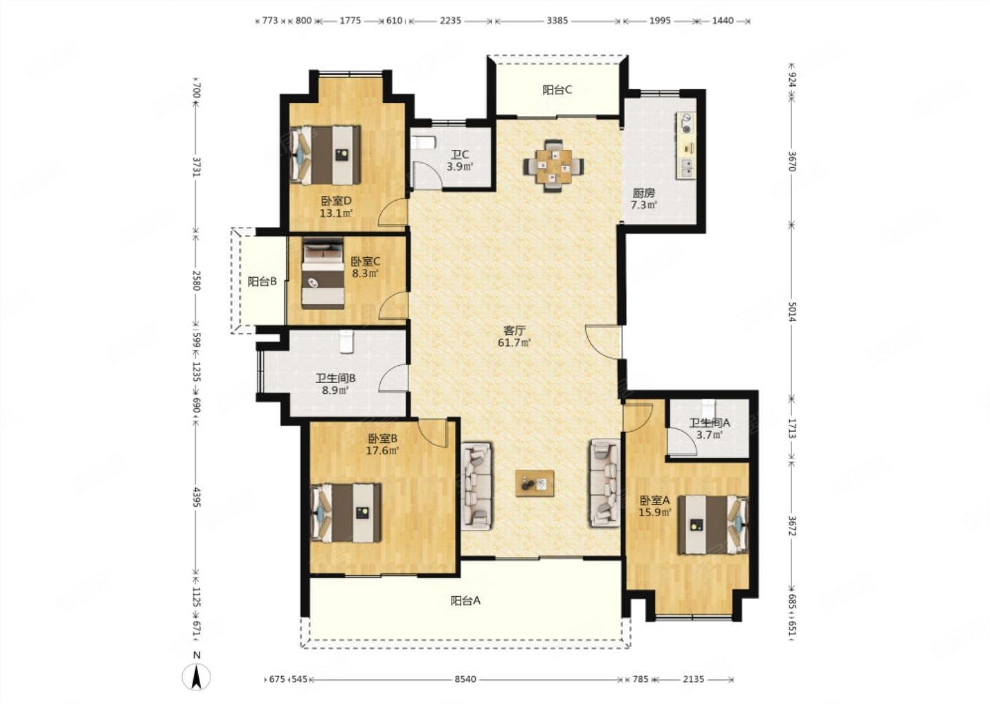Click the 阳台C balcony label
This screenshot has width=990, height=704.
[x=557, y=90]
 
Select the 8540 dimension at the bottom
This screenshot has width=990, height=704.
[x=465, y=679]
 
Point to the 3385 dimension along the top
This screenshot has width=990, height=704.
[x=557, y=21]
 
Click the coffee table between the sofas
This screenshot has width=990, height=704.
[x=534, y=483]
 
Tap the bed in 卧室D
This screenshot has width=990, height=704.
[x=325, y=155]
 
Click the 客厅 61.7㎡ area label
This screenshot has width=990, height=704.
[x=514, y=336]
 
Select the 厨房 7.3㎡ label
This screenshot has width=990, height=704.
[x=643, y=199]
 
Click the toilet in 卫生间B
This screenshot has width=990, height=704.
[x=347, y=342]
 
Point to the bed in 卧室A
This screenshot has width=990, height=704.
[x=713, y=525]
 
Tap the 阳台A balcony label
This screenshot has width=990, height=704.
[x=465, y=601]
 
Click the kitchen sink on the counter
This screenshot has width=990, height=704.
[x=686, y=168]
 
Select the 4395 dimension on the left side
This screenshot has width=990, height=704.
[x=197, y=497]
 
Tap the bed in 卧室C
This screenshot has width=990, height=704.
[x=323, y=274]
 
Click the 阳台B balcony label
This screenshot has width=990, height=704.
[x=262, y=281]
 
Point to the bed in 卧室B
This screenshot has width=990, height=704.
[x=346, y=512]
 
